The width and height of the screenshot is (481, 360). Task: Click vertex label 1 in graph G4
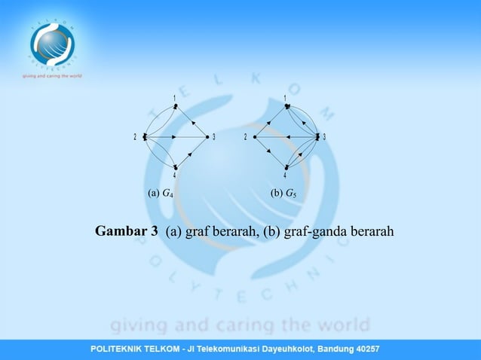(175, 98)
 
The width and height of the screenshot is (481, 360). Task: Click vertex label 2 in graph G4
(135, 137)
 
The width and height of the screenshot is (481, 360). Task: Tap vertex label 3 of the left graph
(214, 137)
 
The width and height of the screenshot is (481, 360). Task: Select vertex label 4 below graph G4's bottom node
(175, 177)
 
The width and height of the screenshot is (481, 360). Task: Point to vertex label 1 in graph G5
(285, 98)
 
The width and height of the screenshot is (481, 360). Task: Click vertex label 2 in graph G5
(246, 137)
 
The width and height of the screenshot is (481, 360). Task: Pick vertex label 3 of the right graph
(325, 137)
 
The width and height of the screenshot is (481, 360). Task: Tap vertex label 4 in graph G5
(285, 177)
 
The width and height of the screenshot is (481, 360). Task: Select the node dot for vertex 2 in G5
(255, 137)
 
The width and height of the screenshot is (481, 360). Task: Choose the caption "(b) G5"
(283, 194)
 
